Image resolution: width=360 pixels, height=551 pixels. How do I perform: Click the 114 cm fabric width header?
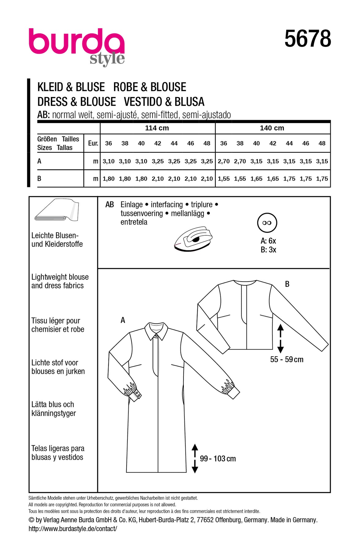click(157, 128)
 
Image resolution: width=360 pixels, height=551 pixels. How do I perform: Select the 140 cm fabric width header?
click(272, 128)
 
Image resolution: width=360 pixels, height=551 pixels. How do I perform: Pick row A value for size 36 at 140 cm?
click(224, 161)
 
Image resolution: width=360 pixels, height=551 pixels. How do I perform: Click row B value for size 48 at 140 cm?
click(322, 179)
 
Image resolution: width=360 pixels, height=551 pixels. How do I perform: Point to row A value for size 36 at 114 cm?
click(108, 161)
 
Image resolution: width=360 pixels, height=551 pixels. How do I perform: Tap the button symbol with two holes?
click(267, 223)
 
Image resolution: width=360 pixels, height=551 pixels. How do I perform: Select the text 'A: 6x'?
click(268, 241)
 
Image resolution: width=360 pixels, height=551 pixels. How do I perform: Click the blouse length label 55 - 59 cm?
click(286, 359)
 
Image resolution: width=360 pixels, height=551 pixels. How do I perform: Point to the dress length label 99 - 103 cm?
click(218, 459)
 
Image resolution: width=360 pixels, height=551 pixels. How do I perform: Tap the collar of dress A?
click(156, 330)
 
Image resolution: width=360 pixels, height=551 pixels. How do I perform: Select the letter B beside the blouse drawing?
click(287, 284)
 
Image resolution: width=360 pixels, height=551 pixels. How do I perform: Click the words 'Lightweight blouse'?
click(60, 277)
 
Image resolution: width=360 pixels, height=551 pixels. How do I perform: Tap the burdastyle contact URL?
click(73, 529)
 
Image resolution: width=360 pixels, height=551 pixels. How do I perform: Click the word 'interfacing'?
click(167, 204)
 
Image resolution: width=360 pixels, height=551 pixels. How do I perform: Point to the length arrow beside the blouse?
click(280, 339)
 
